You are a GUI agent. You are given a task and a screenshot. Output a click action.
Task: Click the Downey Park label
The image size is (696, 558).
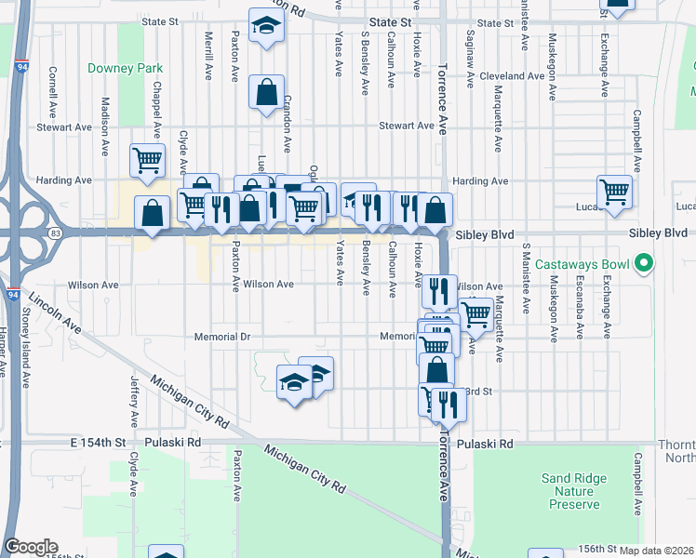point(125,68)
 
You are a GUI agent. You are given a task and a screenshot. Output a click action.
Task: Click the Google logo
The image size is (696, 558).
point(31,547)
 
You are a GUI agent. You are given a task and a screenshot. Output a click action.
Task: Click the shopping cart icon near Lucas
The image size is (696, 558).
point(614,191)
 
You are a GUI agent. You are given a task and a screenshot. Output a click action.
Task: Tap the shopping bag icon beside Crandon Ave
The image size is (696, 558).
point(266,91)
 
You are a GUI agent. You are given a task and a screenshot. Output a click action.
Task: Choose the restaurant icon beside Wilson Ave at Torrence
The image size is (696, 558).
point(439,290)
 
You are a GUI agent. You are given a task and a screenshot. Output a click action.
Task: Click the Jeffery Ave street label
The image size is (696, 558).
point(134,395)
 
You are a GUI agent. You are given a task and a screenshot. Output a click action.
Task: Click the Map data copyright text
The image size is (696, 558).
point(657,550)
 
